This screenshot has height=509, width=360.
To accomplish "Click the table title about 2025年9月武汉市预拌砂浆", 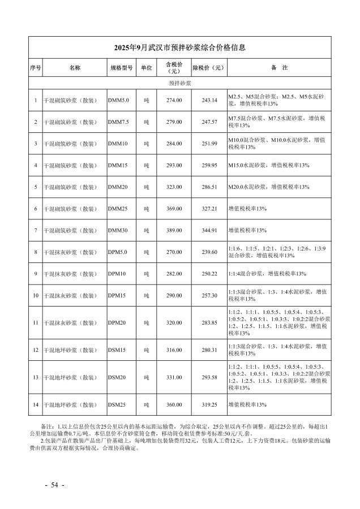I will (179, 48).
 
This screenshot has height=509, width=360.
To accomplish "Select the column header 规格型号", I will (121, 68).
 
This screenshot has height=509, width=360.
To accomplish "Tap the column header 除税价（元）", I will (209, 68).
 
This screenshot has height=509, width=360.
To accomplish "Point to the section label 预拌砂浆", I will (180, 83).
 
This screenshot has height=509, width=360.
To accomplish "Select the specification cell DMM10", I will (118, 144).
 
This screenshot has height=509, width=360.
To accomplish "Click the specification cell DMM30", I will (118, 230).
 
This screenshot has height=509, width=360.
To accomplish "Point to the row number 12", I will (35, 350).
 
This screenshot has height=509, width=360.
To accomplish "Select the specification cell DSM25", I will (117, 405).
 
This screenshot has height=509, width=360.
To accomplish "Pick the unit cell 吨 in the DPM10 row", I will (146, 274).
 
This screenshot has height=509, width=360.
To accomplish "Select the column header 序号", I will (35, 68).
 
